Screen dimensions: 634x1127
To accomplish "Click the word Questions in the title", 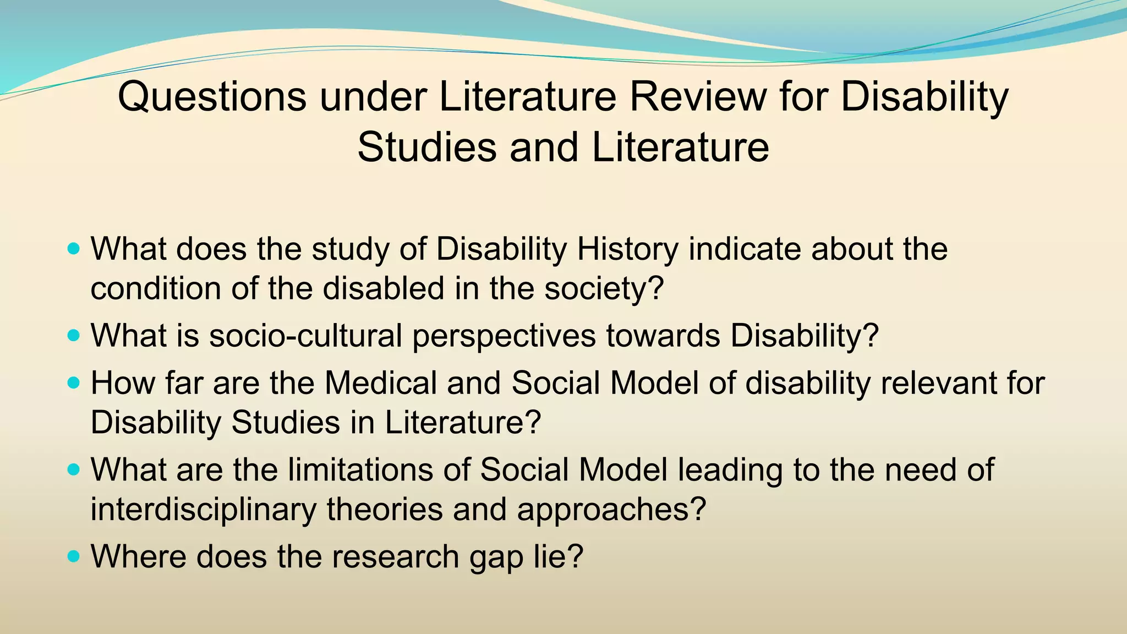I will pyautogui.click(x=212, y=97).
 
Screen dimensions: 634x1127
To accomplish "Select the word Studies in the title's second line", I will pyautogui.click(x=427, y=147).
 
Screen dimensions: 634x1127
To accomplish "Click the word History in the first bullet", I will pyautogui.click(x=627, y=249).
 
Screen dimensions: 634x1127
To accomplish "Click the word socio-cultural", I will pyautogui.click(x=305, y=335).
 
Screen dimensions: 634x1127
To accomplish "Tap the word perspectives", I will pyautogui.click(x=504, y=336).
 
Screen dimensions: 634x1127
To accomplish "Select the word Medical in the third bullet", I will pyautogui.click(x=380, y=383).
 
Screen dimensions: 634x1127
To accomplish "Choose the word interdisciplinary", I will pyautogui.click(x=203, y=510).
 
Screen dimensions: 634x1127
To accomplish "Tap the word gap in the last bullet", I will pyautogui.click(x=496, y=558).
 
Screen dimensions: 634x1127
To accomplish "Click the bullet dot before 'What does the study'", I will pyautogui.click(x=73, y=249).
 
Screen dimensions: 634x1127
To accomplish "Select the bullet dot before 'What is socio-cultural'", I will pyautogui.click(x=73, y=335).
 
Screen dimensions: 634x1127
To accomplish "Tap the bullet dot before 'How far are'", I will pyautogui.click(x=73, y=382).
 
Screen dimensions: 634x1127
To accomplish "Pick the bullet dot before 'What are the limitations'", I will pyautogui.click(x=73, y=469).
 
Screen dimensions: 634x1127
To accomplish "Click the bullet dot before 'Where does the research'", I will pyautogui.click(x=73, y=556).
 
